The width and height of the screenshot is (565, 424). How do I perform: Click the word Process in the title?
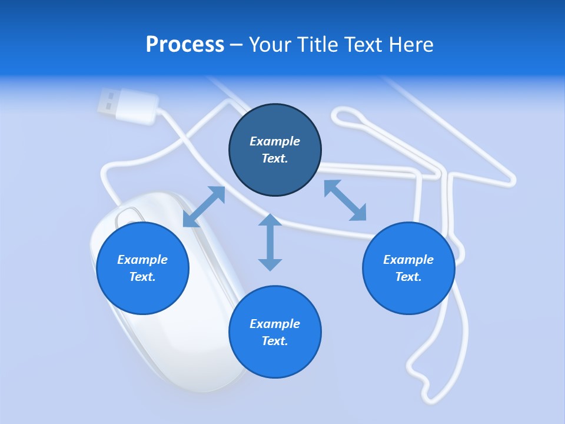coord(185,44)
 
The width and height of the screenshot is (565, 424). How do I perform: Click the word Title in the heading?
coord(315,44)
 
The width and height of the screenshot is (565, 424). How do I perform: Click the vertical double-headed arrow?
coord(270,242)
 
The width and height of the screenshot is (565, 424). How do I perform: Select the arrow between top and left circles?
coord(204,207)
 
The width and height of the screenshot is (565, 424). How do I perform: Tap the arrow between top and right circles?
coord(345,200)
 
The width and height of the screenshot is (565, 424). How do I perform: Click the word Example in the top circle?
coord(275,141)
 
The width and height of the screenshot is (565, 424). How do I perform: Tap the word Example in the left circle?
coord(142,260)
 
